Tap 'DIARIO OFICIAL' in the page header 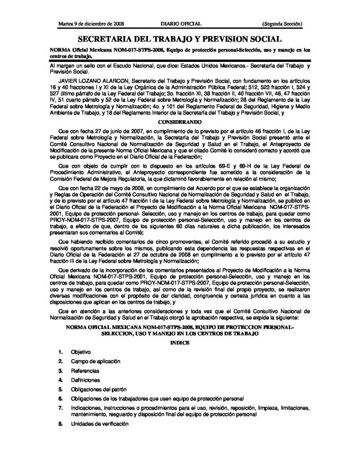coord(181,23)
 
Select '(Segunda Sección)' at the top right coord(283,23)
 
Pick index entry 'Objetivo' coord(81,352)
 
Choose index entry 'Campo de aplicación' coord(95,361)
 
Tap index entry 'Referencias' coord(85,370)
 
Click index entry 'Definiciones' coord(85,380)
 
